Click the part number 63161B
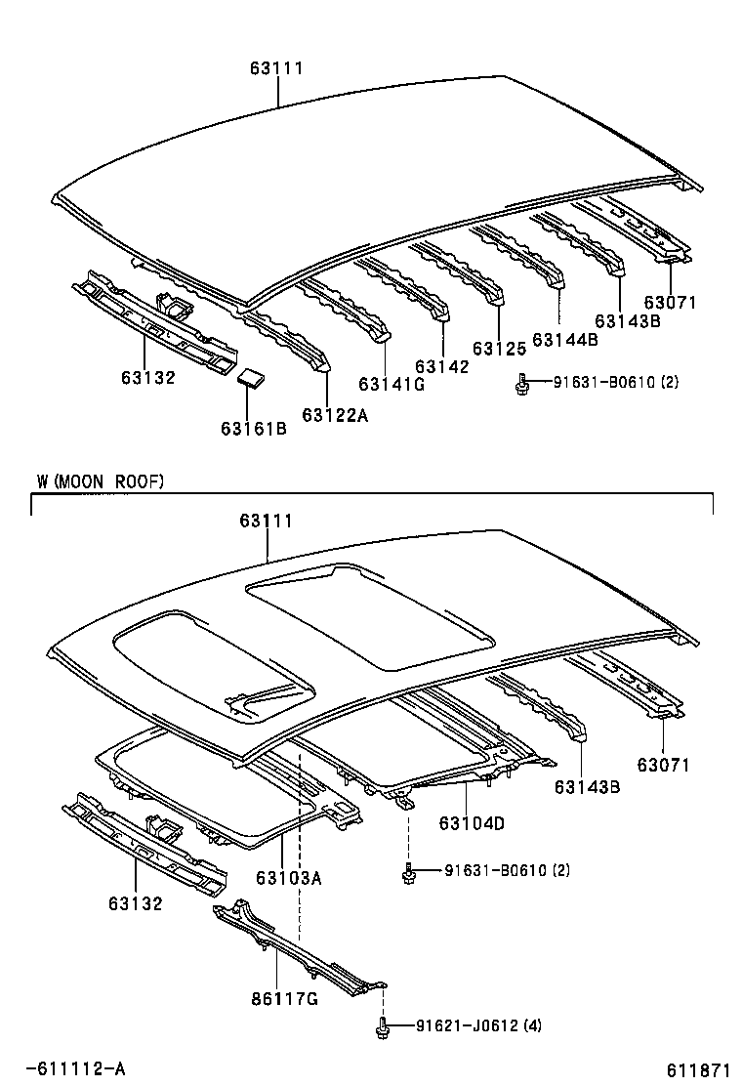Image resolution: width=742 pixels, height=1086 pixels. coord(253,428)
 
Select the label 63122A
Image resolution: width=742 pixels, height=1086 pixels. coord(335,415)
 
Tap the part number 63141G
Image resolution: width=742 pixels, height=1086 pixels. coord(392,384)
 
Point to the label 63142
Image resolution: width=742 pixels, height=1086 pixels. coord(441,366)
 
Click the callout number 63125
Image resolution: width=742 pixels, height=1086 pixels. coord(499,348)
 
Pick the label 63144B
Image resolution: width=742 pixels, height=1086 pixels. coord(565,339)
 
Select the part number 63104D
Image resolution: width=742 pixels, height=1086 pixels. coord(472,823)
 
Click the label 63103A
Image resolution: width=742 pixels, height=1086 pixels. coord(289,877)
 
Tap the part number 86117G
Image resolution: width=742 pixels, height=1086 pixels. coord(285,1000)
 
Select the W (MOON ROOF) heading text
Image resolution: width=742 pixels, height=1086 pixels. coord(101,480)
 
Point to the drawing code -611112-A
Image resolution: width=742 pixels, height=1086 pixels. coord(75,1068)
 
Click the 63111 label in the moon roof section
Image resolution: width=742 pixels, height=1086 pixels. coord(266,522)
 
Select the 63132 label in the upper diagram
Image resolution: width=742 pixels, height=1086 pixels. coord(148,377)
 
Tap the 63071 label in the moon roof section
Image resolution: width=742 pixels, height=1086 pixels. coord(664,765)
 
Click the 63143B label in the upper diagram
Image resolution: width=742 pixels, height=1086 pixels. coord(628,320)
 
